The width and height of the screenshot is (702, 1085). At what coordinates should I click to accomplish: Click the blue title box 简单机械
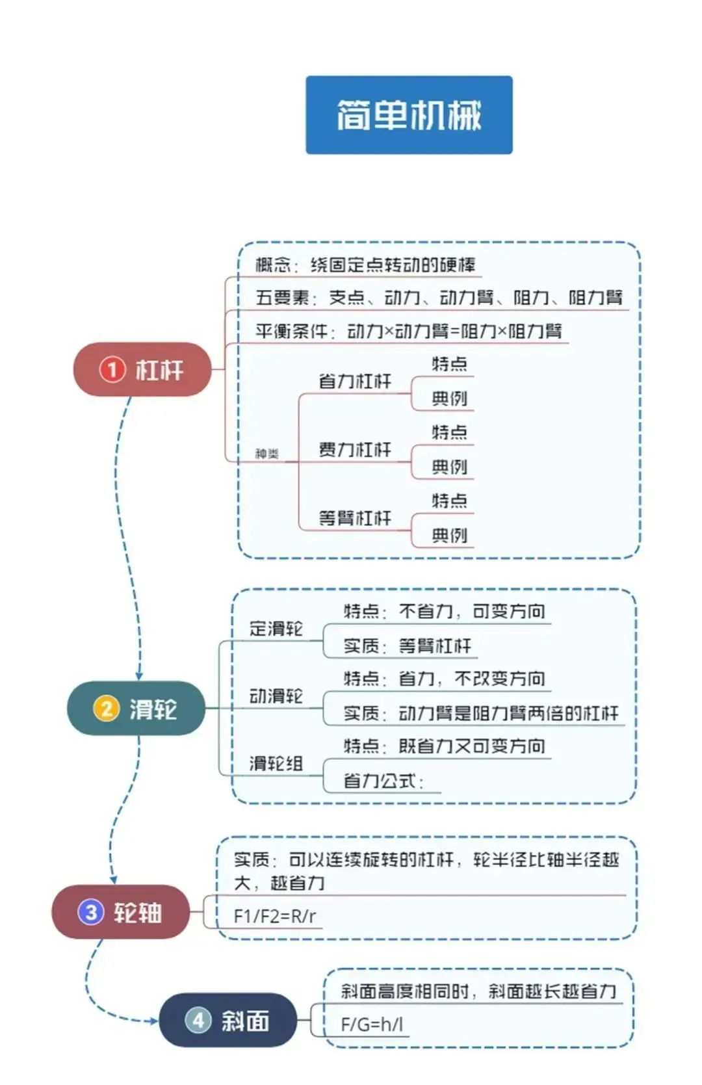(x=409, y=115)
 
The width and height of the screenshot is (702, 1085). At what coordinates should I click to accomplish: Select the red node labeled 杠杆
(x=142, y=369)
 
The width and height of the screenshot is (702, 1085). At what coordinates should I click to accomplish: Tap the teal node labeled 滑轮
(x=136, y=708)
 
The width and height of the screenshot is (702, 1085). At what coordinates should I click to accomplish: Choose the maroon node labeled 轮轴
(x=121, y=911)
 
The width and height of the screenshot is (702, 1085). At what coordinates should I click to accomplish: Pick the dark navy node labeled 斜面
(x=228, y=1020)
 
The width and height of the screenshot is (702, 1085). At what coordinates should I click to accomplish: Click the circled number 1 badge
(x=112, y=369)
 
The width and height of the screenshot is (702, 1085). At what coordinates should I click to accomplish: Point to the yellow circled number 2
(x=107, y=708)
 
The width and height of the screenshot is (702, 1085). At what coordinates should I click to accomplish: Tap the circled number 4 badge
(x=198, y=1020)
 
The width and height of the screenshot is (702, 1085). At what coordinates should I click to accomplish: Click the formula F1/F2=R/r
(x=274, y=916)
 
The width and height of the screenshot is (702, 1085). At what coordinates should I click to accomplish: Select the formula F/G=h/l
(x=372, y=1025)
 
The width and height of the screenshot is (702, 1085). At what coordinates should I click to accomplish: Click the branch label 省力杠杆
(x=355, y=381)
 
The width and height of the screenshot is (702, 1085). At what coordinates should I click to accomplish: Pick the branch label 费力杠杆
(x=355, y=449)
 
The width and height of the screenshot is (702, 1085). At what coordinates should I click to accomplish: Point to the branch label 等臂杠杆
(x=355, y=518)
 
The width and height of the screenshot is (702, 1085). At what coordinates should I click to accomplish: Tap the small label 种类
(x=266, y=453)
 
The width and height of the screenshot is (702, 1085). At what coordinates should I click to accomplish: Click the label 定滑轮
(x=276, y=629)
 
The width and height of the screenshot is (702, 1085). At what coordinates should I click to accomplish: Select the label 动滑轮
(x=276, y=696)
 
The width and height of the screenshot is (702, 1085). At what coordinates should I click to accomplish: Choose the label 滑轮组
(x=276, y=763)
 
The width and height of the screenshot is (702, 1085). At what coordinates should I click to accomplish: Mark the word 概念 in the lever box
(x=273, y=265)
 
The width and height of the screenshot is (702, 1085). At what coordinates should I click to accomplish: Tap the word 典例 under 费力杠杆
(x=449, y=467)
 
